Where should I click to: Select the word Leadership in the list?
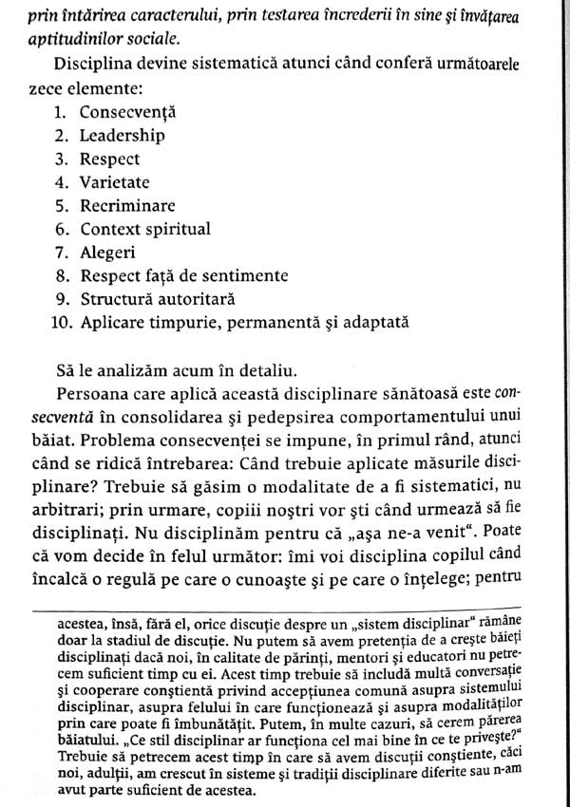pyautogui.click(x=122, y=136)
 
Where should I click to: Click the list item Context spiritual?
pyautogui.click(x=144, y=229)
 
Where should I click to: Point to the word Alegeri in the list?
pyautogui.click(x=107, y=253)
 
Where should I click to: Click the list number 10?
pyautogui.click(x=60, y=323)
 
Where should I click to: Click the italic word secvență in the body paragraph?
pyautogui.click(x=48, y=415)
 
